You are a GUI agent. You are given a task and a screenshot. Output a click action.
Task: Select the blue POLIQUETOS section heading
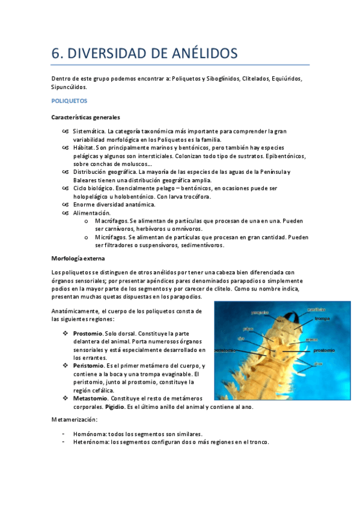(x=70, y=101)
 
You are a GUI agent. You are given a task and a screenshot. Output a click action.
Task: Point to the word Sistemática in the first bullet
(x=89, y=131)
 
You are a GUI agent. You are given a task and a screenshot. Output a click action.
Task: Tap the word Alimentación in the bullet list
(x=92, y=213)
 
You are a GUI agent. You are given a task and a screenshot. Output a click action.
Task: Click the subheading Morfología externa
(x=79, y=258)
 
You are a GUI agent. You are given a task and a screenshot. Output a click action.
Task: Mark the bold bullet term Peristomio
(x=88, y=366)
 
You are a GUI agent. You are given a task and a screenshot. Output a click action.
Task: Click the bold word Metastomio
(x=90, y=398)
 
